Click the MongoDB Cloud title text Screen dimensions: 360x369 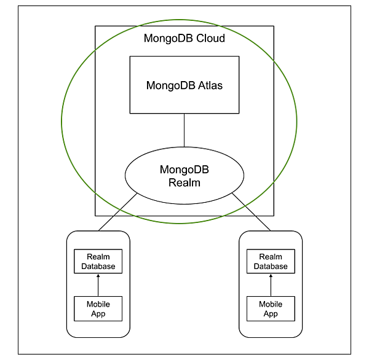tap(184, 38)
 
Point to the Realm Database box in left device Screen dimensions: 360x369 tap(98, 261)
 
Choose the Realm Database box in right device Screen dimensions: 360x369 tap(271, 261)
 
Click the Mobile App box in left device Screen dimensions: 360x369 tap(98, 308)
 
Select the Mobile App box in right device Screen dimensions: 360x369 tap(271, 308)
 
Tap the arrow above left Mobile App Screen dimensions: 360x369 tap(98, 284)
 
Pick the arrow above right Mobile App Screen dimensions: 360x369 tap(271, 284)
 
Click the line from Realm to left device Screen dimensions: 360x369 tap(117, 212)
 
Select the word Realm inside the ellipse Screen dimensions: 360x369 tap(184, 182)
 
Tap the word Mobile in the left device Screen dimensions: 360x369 tap(98, 304)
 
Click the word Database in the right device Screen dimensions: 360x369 tap(271, 266)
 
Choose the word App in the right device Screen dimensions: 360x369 tap(271, 313)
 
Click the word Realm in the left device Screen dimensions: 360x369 tap(98, 257)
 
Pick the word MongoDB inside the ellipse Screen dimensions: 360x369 tap(184, 170)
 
